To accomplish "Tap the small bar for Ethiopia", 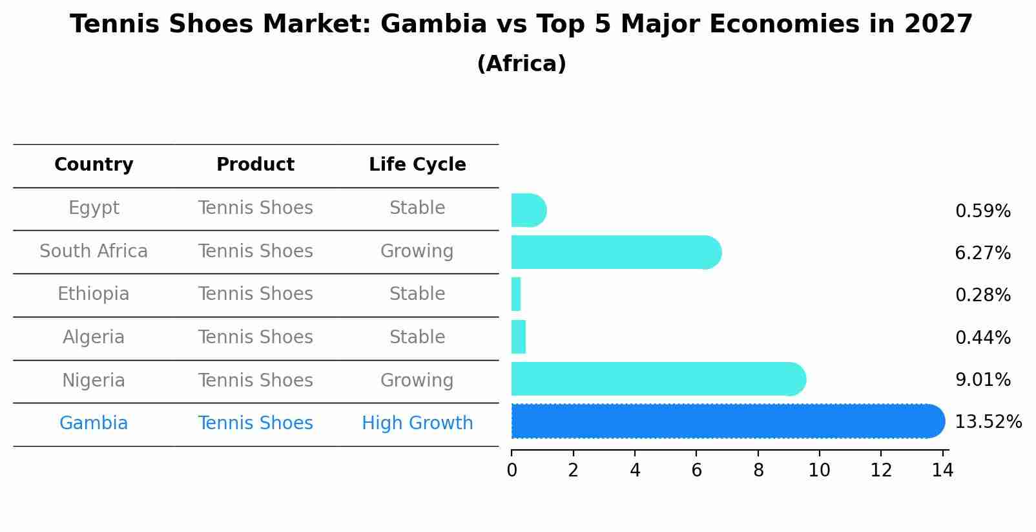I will point(516,295).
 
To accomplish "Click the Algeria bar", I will point(519,337).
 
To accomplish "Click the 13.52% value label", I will point(988,422).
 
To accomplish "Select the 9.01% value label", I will point(982,379).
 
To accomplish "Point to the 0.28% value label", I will point(982,295).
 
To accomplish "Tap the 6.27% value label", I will point(982,253).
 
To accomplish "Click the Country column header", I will point(94,165).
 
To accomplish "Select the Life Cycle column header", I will point(417,165).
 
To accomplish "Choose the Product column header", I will point(255,165).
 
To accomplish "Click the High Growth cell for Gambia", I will point(417,423).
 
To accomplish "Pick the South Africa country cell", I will point(94,251).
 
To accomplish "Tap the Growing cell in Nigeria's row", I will point(417,381).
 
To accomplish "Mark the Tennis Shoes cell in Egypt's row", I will point(255,208).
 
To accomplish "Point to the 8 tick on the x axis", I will point(758,470).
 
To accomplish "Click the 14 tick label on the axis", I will point(943,470).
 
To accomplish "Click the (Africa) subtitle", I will point(521,64).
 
